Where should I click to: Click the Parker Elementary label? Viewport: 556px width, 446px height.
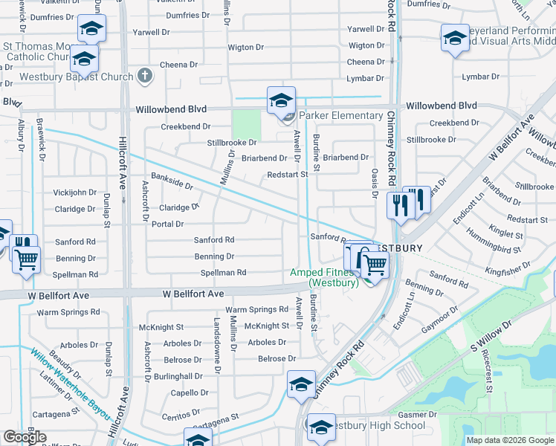tap(340, 115)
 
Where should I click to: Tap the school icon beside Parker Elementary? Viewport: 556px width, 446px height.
tap(282, 100)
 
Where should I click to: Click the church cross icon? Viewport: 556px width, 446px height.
tap(144, 76)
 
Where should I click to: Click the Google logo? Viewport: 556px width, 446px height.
tap(25, 437)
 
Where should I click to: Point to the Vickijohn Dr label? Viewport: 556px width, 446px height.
tap(74, 192)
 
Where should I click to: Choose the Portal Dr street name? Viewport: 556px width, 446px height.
tap(167, 224)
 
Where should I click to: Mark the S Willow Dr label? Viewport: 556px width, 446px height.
tap(492, 337)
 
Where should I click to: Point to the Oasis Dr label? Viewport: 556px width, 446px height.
tap(375, 182)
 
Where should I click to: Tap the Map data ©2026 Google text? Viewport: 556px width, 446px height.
tap(510, 440)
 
